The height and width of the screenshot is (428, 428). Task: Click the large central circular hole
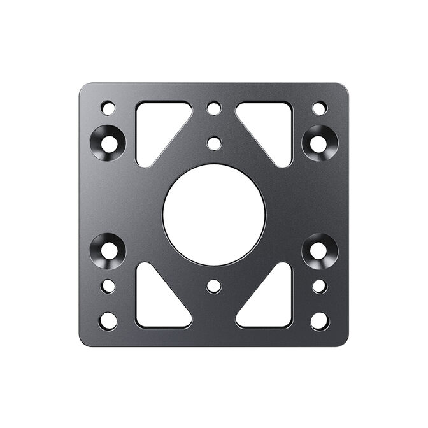[x=214, y=215]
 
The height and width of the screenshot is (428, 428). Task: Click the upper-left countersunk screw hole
[x=108, y=143]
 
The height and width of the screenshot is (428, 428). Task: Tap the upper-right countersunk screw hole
[x=319, y=143]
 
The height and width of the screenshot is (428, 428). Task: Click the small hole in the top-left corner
[x=108, y=108]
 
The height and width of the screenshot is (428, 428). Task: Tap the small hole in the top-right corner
[x=320, y=108]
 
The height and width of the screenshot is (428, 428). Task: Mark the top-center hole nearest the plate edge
[x=214, y=108]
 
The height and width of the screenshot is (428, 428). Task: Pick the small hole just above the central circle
[x=214, y=143]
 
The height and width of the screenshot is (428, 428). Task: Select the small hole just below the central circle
[x=214, y=286]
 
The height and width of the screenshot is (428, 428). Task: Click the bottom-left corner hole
[x=108, y=321]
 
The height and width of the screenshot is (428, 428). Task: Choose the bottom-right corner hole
[x=320, y=321]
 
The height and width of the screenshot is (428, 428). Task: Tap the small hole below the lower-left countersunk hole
[x=108, y=286]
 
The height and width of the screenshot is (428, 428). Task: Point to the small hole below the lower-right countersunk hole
[x=320, y=286]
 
